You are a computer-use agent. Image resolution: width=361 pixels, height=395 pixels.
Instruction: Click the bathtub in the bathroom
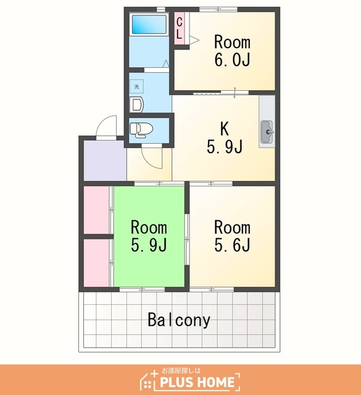pyautogui.click(x=149, y=24)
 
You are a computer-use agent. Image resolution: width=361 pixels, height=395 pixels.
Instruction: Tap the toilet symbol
pyautogui.click(x=141, y=130)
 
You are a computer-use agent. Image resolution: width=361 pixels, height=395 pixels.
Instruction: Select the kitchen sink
pyautogui.click(x=267, y=131)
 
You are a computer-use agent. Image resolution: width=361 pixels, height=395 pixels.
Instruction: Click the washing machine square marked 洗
pyautogui.click(x=136, y=86)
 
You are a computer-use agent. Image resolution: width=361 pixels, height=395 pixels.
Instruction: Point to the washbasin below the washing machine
pyautogui.click(x=136, y=104)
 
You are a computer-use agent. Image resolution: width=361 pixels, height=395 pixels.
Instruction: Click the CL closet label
pyautogui.click(x=179, y=28)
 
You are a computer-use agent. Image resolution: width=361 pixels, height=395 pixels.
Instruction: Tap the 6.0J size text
pyautogui.click(x=232, y=60)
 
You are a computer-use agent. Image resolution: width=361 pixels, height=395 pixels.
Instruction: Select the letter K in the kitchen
pyautogui.click(x=224, y=128)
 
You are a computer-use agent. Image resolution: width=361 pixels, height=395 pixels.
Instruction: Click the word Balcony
pyautogui.click(x=178, y=320)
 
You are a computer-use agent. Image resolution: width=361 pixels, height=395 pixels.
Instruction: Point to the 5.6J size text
pyautogui.click(x=232, y=244)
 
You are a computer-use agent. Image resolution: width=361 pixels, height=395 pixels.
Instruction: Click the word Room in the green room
pyautogui.click(x=149, y=227)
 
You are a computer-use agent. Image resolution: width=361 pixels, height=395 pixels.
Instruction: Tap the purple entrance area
pyautogui.click(x=105, y=160)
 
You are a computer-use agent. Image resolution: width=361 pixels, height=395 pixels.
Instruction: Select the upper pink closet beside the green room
pyautogui.click(x=96, y=210)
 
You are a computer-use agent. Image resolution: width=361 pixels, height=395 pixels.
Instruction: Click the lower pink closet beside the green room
pyautogui.click(x=96, y=263)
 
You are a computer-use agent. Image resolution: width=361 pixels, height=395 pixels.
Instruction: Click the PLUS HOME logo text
pyautogui.click(x=197, y=382)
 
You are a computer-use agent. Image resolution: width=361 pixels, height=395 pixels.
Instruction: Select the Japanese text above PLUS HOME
pyautogui.click(x=181, y=370)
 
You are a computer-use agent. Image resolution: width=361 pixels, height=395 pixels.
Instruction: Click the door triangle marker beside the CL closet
pyautogui.click(x=194, y=40)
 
